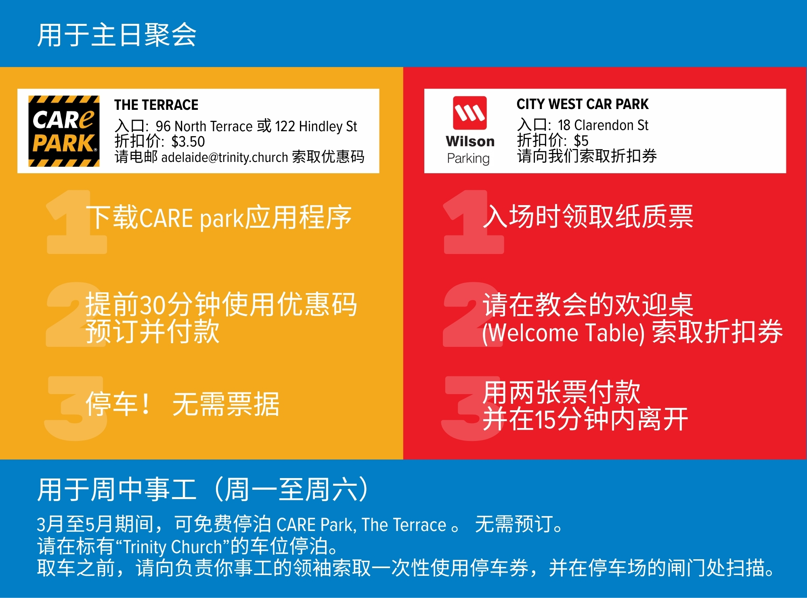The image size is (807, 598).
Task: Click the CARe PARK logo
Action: click(x=64, y=131)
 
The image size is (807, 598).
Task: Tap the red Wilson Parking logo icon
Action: click(x=470, y=113)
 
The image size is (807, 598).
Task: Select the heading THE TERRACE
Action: click(x=156, y=105)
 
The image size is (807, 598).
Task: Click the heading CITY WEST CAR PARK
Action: click(x=582, y=104)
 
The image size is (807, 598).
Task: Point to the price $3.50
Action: click(x=188, y=142)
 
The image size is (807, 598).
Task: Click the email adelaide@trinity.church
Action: click(x=224, y=157)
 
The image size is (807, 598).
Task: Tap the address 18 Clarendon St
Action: click(x=603, y=125)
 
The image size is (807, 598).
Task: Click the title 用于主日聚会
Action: click(x=117, y=35)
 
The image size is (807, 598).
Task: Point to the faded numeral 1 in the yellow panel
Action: click(x=76, y=222)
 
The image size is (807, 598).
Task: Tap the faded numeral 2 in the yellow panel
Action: click(x=76, y=314)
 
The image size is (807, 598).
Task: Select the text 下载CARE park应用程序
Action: click(x=219, y=218)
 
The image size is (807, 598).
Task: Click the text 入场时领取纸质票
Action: click(x=588, y=216)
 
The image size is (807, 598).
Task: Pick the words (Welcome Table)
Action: click(x=563, y=333)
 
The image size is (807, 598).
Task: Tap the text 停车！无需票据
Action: click(x=182, y=404)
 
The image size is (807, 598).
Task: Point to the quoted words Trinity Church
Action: click(x=173, y=547)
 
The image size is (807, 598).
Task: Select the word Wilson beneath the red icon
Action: click(x=470, y=141)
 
